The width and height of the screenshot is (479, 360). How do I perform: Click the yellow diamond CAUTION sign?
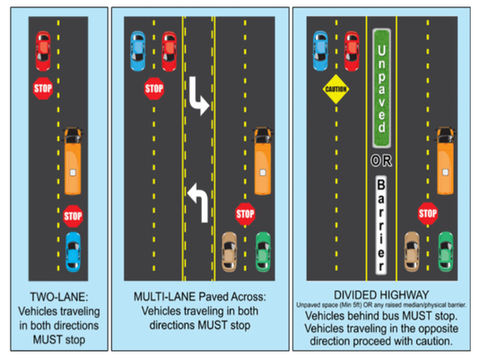click(336, 90)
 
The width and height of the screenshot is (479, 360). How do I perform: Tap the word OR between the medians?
click(379, 161)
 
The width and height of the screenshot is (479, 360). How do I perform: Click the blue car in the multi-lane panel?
click(137, 50)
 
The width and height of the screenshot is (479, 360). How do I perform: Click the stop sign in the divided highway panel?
click(428, 214)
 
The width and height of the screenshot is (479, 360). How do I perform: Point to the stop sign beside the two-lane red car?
click(43, 89)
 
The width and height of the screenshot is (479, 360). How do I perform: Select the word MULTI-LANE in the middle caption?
click(161, 297)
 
